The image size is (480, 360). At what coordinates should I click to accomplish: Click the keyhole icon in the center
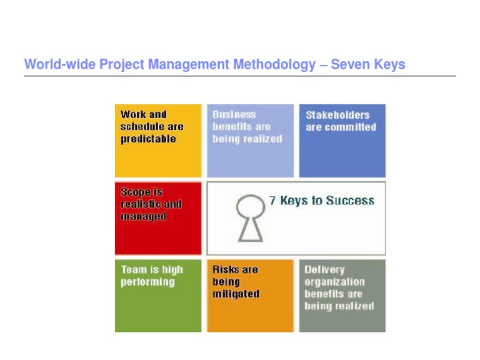click(x=249, y=219)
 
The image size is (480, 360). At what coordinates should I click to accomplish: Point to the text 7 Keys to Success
click(x=321, y=201)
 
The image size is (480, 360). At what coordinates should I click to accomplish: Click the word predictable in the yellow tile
click(x=148, y=139)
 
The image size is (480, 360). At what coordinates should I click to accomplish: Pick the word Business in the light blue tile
click(x=234, y=115)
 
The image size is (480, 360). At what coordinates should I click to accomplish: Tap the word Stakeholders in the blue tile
click(x=337, y=115)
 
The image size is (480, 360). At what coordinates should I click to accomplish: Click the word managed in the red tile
click(x=143, y=217)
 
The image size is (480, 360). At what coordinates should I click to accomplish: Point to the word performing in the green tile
click(x=147, y=282)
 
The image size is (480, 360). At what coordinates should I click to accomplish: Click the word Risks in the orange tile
click(x=226, y=270)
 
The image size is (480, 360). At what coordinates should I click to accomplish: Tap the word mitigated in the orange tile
click(x=236, y=294)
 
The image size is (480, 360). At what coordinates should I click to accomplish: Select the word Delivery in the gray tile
click(x=324, y=270)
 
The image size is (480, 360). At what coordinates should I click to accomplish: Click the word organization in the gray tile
click(x=334, y=282)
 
